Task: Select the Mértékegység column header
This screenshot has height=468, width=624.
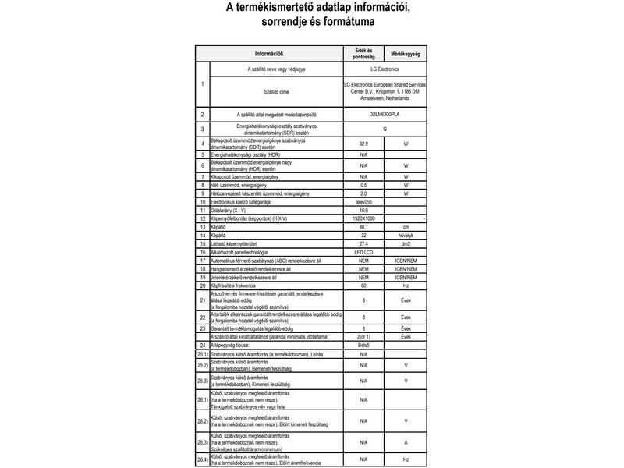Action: (406, 54)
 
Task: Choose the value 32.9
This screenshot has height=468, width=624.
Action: (363, 144)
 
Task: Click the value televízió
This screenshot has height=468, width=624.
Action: (363, 202)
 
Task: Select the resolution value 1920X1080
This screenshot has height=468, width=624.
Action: (363, 218)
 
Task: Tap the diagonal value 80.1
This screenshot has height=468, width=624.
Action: (363, 226)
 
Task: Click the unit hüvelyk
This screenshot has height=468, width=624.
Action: (406, 235)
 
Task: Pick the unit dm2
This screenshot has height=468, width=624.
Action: (406, 243)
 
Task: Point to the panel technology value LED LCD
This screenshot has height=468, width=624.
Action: (363, 252)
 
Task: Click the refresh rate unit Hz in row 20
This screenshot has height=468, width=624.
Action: (406, 285)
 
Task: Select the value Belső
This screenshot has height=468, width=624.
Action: (363, 344)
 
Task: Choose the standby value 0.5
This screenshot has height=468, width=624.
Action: (363, 185)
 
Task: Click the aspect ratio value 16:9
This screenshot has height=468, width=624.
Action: (363, 211)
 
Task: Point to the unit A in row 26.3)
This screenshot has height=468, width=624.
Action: (406, 442)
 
